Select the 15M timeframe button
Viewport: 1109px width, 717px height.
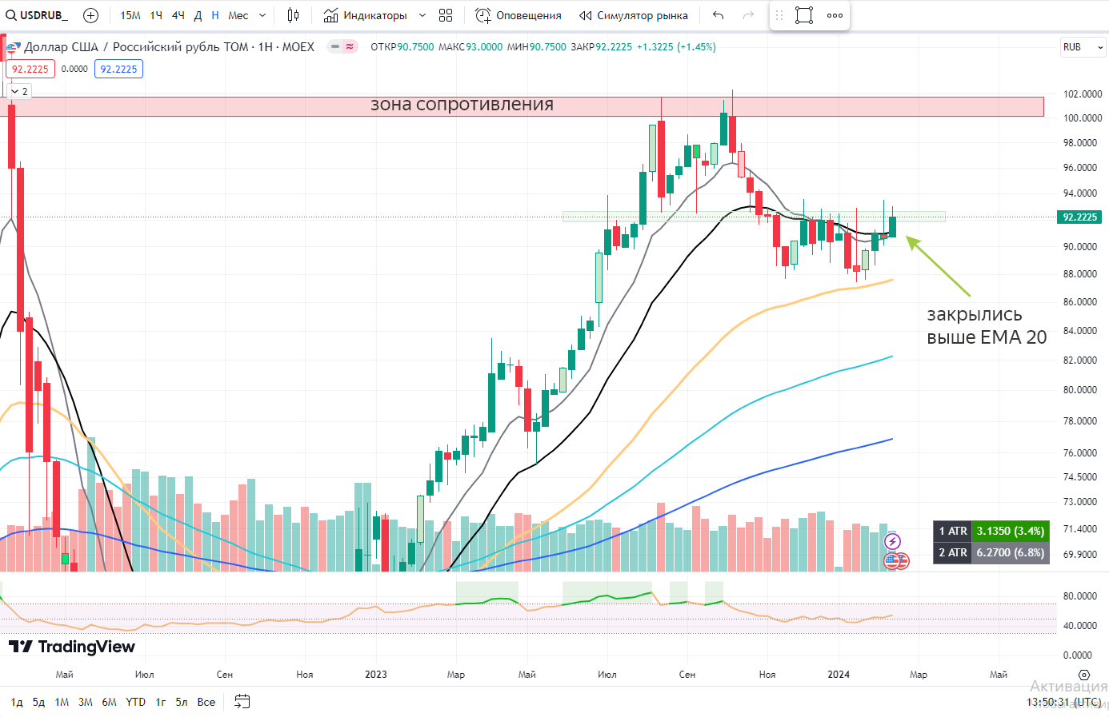[130, 15]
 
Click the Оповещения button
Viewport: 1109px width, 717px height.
[518, 15]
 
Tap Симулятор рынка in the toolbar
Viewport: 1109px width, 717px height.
[633, 15]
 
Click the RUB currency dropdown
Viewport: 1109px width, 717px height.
[1083, 47]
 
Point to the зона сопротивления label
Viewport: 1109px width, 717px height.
[462, 105]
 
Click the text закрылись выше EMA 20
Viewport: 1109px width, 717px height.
[986, 326]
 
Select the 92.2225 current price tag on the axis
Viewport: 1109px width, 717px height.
[1079, 217]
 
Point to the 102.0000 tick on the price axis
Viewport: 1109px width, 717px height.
[1082, 94]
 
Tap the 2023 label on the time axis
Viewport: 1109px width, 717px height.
[376, 675]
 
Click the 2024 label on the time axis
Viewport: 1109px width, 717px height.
[839, 675]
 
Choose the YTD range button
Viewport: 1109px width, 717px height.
[135, 702]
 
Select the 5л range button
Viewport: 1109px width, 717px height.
[182, 702]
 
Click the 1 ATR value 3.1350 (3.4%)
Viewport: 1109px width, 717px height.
[1010, 531]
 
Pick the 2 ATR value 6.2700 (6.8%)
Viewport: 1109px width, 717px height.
[1010, 552]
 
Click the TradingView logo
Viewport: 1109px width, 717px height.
[72, 647]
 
